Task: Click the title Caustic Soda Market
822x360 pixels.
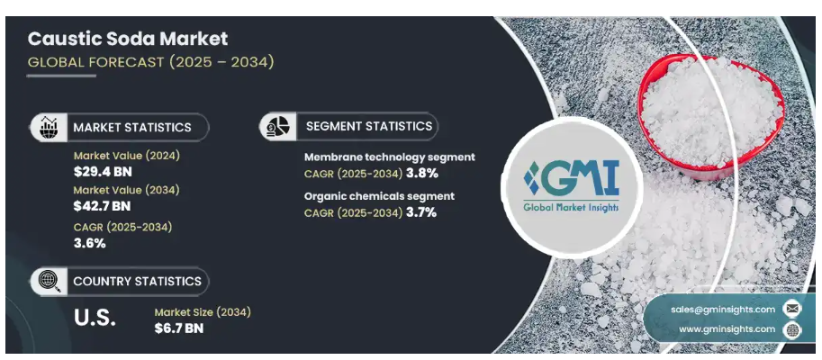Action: click(x=127, y=39)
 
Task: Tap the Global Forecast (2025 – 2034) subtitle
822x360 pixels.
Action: click(x=150, y=62)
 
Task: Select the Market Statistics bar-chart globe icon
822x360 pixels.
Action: click(x=50, y=127)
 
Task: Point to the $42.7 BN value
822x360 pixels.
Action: click(x=102, y=206)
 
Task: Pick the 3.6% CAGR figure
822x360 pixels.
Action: click(x=90, y=243)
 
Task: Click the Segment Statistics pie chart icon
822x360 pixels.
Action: click(x=278, y=126)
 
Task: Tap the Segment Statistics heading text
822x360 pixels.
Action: click(x=369, y=126)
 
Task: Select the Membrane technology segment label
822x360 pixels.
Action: click(x=390, y=157)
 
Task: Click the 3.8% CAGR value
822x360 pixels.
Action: click(x=422, y=173)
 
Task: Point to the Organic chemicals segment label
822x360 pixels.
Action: click(x=380, y=196)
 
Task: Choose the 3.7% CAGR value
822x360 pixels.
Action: click(x=421, y=212)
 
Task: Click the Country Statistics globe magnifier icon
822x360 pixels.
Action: click(x=50, y=282)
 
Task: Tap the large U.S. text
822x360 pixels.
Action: click(x=95, y=318)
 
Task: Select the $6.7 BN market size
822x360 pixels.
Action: click(x=179, y=328)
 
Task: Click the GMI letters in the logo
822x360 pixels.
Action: click(x=572, y=178)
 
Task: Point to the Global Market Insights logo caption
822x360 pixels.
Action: click(x=572, y=208)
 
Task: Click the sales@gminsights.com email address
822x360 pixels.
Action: click(x=723, y=310)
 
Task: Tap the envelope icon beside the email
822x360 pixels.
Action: click(x=792, y=310)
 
